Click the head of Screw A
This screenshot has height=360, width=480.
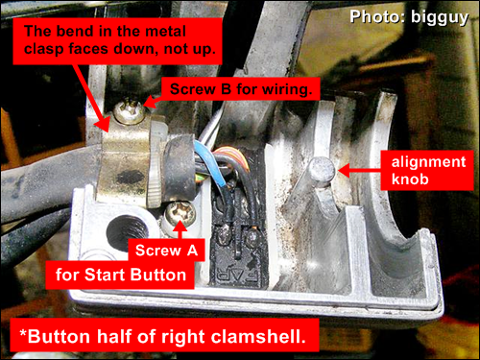tap(180, 213)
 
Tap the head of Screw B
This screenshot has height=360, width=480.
tap(131, 111)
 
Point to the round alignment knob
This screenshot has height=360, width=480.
tap(322, 170)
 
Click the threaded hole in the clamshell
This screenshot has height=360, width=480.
tap(126, 232)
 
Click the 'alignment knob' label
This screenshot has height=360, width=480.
tap(427, 170)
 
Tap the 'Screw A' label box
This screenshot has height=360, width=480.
tap(166, 250)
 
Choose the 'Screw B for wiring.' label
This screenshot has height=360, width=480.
tap(241, 88)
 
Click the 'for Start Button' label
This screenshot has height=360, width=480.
tap(120, 275)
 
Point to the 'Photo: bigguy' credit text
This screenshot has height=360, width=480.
tap(409, 17)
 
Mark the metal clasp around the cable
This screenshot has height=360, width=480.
tap(128, 160)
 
